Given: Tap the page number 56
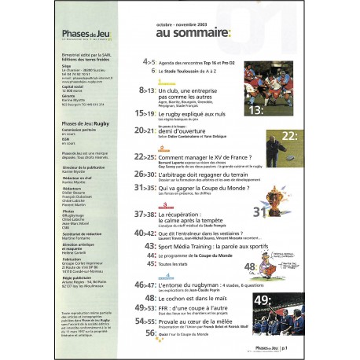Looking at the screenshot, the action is tap(147, 332).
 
